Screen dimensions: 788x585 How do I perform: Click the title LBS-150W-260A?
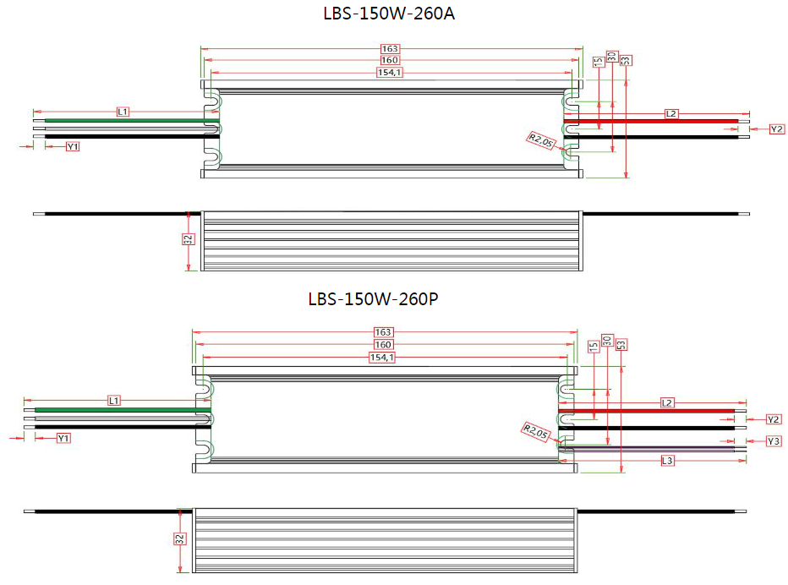coord(389,14)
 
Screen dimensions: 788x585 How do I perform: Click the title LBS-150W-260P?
coord(373,299)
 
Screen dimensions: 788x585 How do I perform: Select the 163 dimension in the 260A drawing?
coord(390,49)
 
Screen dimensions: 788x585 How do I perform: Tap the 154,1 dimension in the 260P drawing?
coord(382,358)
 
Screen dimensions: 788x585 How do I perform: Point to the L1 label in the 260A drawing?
coord(123,112)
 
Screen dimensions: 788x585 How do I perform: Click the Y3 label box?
coord(774,441)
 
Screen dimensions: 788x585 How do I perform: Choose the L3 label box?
coord(667,461)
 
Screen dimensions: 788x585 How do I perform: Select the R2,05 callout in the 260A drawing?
coord(541,140)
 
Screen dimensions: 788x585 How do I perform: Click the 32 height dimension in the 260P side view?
coord(179,539)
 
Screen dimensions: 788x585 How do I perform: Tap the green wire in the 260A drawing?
coord(126,121)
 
